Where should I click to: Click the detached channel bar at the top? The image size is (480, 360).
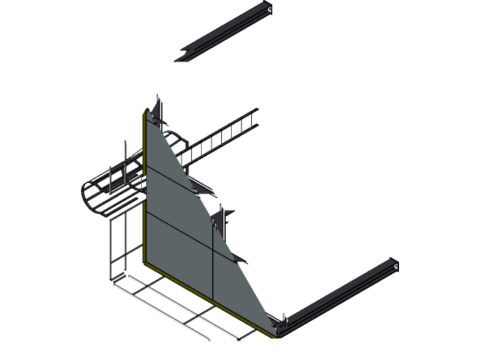tap(225, 34)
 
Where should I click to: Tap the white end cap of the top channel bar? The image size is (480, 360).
tap(268, 9)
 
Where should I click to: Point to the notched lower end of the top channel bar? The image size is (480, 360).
tap(183, 57)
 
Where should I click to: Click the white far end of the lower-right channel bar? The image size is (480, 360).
tap(394, 265)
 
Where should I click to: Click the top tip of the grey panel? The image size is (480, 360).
tap(145, 112)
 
